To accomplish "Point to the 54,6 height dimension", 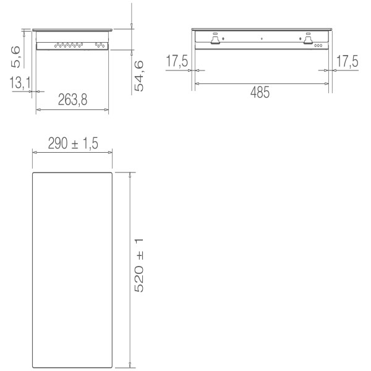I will tap(140, 75).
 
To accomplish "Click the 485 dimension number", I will tap(260, 93).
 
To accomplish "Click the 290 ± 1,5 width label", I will tap(73, 143).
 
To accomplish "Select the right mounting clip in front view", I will tap(307, 39).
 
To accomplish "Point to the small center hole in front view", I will tap(262, 39).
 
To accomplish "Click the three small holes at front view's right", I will tap(318, 45).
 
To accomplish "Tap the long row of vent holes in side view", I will tap(68, 45).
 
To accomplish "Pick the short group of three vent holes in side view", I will tap(99, 45).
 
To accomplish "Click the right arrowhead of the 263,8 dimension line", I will tap(108, 110).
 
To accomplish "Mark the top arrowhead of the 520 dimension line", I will tap(129, 175).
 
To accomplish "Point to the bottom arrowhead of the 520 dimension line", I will tap(129, 365).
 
